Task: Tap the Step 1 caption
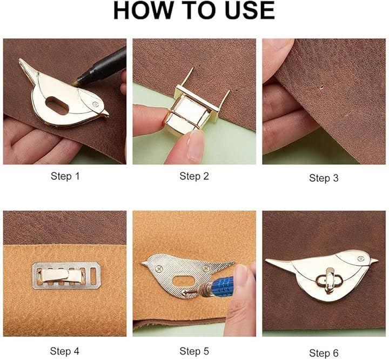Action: [65, 176]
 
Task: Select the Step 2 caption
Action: [194, 176]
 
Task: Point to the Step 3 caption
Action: [324, 178]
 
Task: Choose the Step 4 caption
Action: [64, 351]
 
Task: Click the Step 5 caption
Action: [194, 351]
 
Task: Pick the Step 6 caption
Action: [324, 353]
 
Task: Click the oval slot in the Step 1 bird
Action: [57, 105]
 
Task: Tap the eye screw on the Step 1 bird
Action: [95, 104]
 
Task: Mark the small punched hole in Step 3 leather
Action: [321, 87]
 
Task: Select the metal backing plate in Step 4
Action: [66, 276]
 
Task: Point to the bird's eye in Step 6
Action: [360, 259]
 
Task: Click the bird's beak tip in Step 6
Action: [377, 260]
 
